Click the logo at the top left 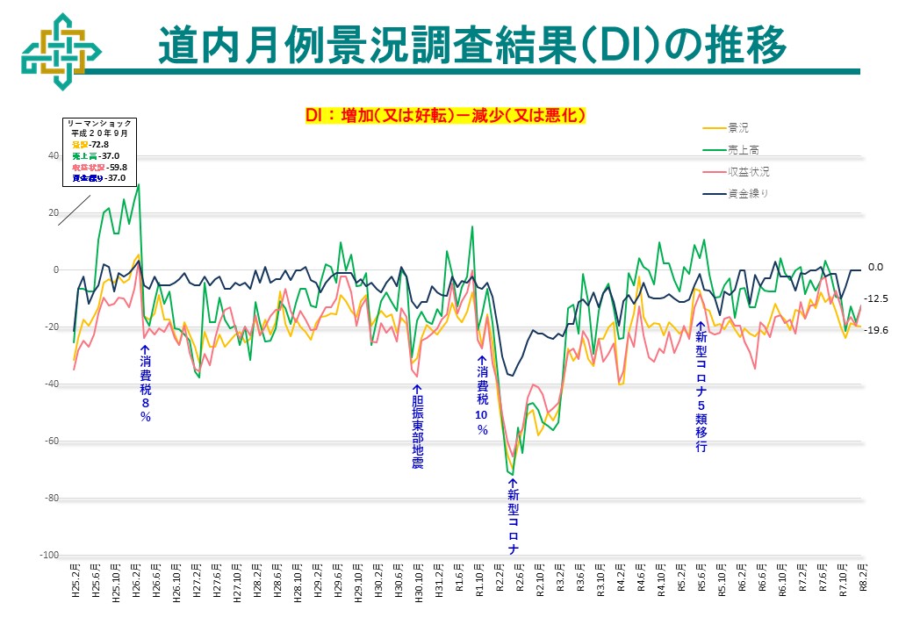tap(55, 51)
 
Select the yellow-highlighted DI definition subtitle tap(445, 115)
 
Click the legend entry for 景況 tap(737, 128)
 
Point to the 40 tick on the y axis tap(53, 156)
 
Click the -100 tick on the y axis tap(49, 556)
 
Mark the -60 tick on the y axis tap(51, 442)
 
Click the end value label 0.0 tap(874, 268)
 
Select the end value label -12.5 tap(878, 299)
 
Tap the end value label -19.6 tap(878, 330)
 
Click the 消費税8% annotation tap(145, 383)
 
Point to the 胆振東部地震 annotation tap(418, 426)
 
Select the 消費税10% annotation tap(481, 395)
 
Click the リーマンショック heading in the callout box tap(98, 124)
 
